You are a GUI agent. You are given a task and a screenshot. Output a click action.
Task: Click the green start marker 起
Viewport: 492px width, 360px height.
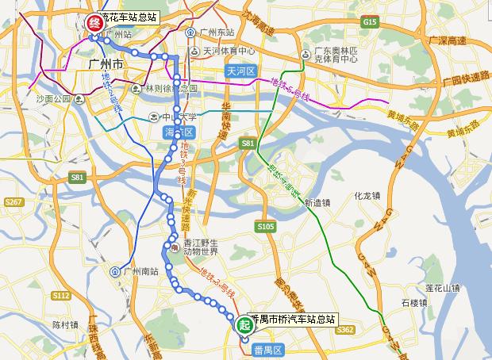click(244, 323)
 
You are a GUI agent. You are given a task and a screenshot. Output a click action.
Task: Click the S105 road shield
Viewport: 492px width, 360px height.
click(265, 227)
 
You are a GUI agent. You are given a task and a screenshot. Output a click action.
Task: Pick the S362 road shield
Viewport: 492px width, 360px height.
click(344, 328)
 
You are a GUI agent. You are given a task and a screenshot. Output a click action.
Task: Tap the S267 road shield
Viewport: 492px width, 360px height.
click(13, 203)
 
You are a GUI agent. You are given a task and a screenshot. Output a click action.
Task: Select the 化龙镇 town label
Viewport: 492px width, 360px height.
click(369, 193)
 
